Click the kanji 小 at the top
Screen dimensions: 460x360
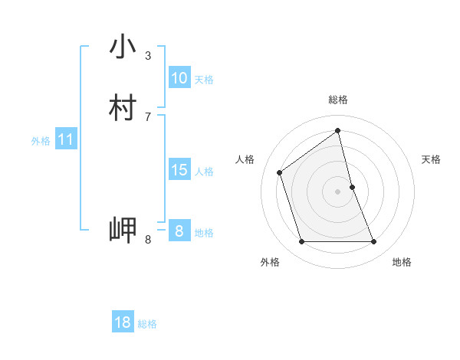click(x=123, y=47)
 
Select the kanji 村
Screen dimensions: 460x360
click(x=123, y=108)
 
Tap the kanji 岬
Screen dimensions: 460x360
click(x=123, y=230)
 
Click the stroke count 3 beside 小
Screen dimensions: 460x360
click(x=148, y=55)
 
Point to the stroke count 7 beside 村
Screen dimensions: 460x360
click(x=148, y=116)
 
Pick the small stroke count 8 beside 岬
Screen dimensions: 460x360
click(x=148, y=240)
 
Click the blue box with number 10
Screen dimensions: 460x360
click(x=179, y=78)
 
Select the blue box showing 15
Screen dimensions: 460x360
click(x=179, y=170)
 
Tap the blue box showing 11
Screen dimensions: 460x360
click(x=65, y=140)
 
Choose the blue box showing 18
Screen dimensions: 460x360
click(x=123, y=322)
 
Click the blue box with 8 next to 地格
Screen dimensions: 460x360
click(x=179, y=231)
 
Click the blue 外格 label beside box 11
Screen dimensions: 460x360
click(x=41, y=141)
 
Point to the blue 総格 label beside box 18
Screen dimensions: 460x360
click(x=147, y=324)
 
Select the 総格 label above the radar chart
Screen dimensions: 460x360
click(x=338, y=100)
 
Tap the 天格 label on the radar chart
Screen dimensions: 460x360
click(x=432, y=159)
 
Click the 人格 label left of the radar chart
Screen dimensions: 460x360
click(x=245, y=159)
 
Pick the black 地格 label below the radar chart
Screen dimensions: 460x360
click(x=402, y=263)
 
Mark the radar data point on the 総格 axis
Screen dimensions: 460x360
click(x=338, y=130)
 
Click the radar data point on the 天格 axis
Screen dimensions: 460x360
click(x=352, y=187)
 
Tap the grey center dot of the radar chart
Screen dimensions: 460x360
click(x=338, y=191)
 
